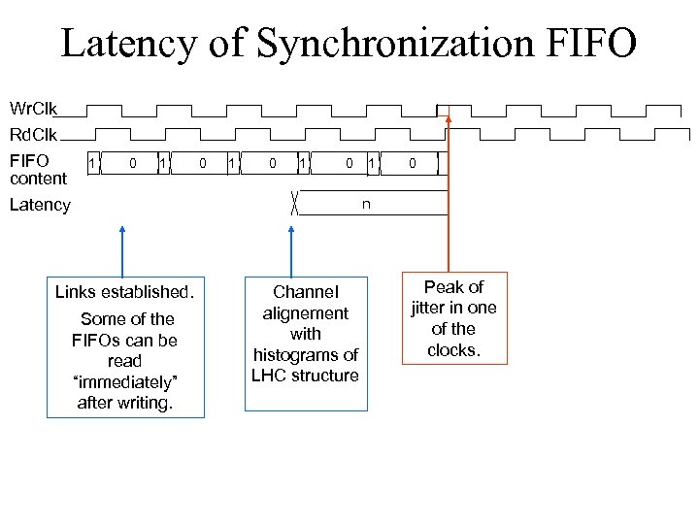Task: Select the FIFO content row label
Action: click(38, 169)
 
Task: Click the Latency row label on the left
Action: click(40, 205)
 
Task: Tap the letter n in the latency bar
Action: click(366, 205)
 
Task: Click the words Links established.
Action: click(125, 292)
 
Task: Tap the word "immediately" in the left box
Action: click(124, 381)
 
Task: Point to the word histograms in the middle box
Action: click(305, 355)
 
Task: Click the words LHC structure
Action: click(305, 376)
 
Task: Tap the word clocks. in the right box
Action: click(453, 350)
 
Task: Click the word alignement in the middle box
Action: click(305, 313)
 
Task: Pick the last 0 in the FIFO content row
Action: click(412, 163)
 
